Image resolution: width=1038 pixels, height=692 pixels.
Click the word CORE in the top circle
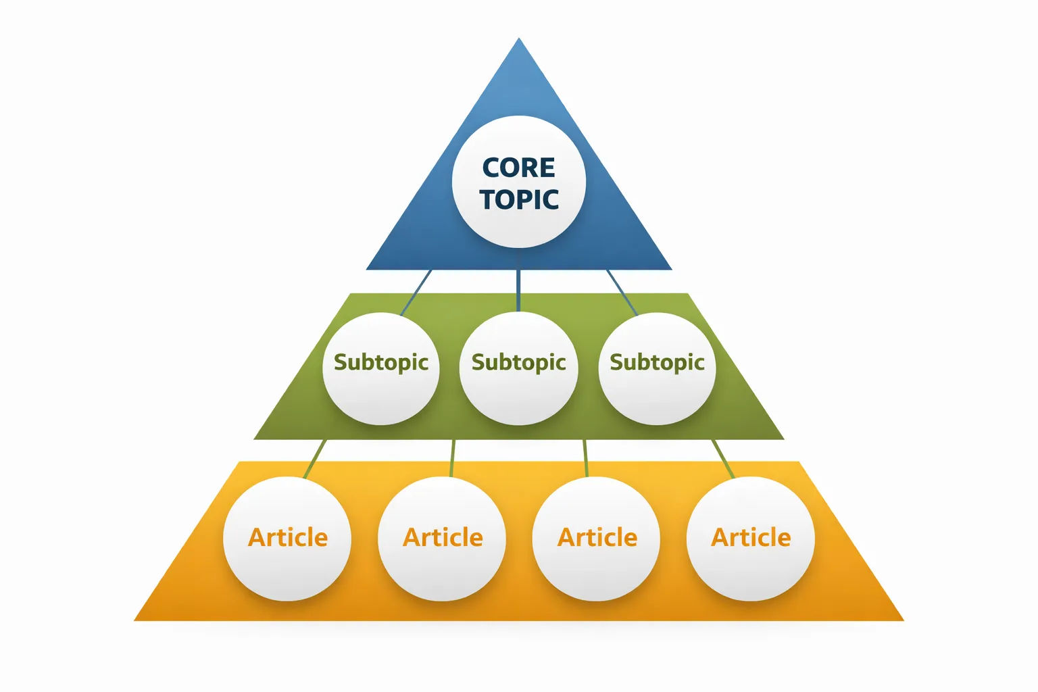[x=518, y=167]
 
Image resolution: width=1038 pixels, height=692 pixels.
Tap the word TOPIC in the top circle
[x=519, y=199]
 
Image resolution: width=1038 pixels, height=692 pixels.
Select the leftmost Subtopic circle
[x=381, y=368]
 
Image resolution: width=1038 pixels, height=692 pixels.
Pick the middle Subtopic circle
[x=518, y=368]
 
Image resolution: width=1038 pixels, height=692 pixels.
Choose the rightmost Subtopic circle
[x=657, y=368]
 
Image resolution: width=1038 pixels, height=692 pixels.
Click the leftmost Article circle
[x=287, y=539]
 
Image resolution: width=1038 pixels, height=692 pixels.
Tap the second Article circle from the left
[x=442, y=539]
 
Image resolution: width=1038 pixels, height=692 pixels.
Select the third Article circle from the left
[x=596, y=539]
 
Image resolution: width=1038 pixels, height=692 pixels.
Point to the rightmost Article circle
[x=751, y=539]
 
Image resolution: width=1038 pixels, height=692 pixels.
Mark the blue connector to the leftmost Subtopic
[x=417, y=292]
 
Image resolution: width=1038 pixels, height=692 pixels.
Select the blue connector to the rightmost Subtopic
[x=621, y=291]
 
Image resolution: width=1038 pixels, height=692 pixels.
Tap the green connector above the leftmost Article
[x=316, y=458]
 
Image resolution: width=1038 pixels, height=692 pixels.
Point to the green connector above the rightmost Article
[x=723, y=458]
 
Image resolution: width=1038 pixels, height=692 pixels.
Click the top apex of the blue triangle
[x=519, y=40]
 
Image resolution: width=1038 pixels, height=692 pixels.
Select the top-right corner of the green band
[x=687, y=295]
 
